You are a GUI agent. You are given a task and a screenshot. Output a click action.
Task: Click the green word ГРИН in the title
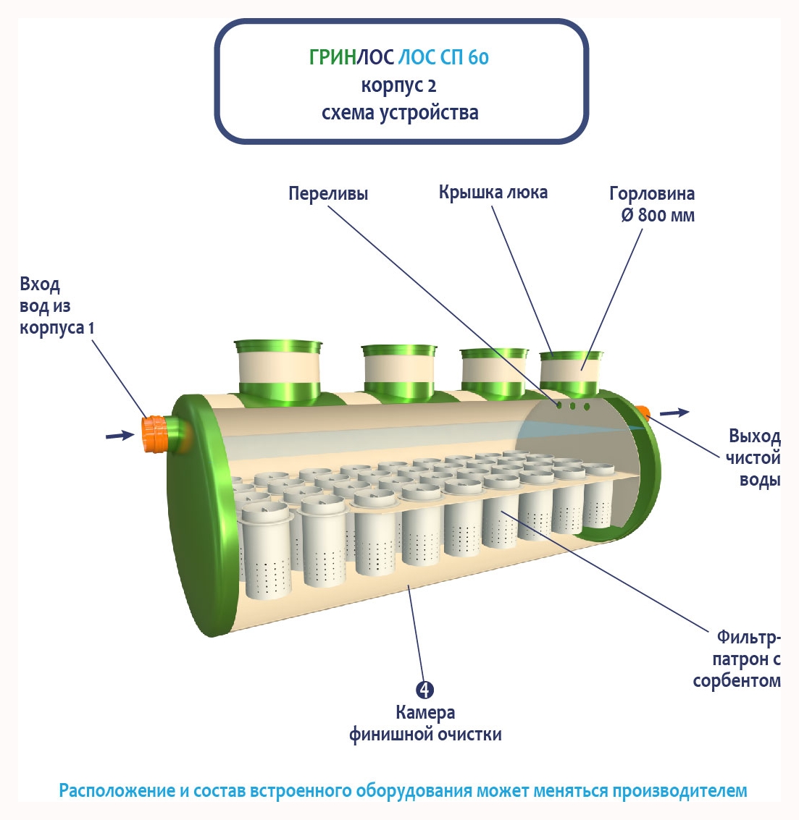pyautogui.click(x=332, y=57)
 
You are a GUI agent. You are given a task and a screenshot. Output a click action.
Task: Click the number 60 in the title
pyautogui.click(x=478, y=57)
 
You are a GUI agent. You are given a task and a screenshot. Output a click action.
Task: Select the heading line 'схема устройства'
pyautogui.click(x=400, y=113)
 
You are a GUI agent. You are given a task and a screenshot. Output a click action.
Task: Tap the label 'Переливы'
pyautogui.click(x=328, y=194)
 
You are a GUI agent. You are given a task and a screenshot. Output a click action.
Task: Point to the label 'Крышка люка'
pyautogui.click(x=493, y=193)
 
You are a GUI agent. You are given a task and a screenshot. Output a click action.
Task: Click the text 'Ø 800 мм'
pyautogui.click(x=658, y=216)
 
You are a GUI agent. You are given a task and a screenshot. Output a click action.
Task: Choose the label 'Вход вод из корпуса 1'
pyautogui.click(x=57, y=306)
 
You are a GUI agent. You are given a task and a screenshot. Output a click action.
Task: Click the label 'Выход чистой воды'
pyautogui.click(x=754, y=458)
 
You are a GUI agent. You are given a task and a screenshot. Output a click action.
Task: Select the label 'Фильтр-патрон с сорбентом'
pyautogui.click(x=738, y=659)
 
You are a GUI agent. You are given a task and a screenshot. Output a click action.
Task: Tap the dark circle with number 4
pyautogui.click(x=425, y=690)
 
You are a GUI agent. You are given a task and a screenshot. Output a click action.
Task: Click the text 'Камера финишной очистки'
pyautogui.click(x=425, y=724)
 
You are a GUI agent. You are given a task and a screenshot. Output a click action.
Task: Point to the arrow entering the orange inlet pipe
pyautogui.click(x=120, y=435)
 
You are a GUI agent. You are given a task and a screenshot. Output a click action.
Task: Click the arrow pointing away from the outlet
pyautogui.click(x=674, y=413)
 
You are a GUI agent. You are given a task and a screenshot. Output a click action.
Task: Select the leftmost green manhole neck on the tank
pyautogui.click(x=278, y=369)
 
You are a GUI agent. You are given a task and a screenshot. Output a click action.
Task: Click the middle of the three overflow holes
pyautogui.click(x=572, y=405)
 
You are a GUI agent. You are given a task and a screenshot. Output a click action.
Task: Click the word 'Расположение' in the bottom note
pyautogui.click(x=114, y=791)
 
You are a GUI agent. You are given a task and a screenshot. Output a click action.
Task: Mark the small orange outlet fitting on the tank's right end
pyautogui.click(x=643, y=413)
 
